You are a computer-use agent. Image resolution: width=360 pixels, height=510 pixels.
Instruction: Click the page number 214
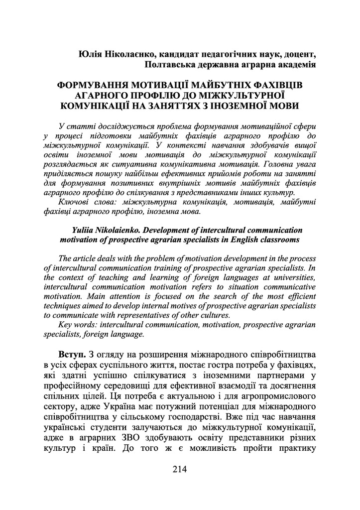pyautogui.click(x=180, y=469)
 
